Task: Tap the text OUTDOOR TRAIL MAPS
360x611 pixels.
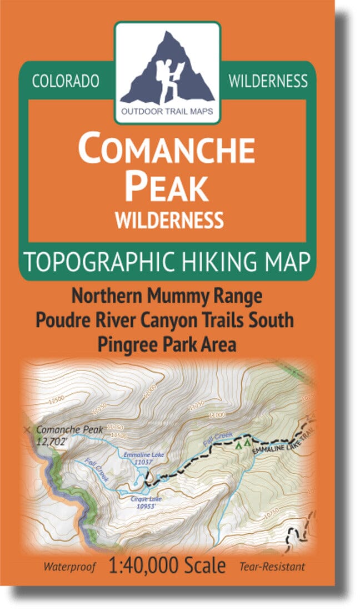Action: [x=167, y=110]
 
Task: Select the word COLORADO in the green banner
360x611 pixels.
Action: [x=66, y=82]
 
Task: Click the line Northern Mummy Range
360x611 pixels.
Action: [x=167, y=296]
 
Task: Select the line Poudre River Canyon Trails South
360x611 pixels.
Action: [x=167, y=320]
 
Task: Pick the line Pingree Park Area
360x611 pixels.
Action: [x=167, y=344]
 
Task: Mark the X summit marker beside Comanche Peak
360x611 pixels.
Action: [x=27, y=429]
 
